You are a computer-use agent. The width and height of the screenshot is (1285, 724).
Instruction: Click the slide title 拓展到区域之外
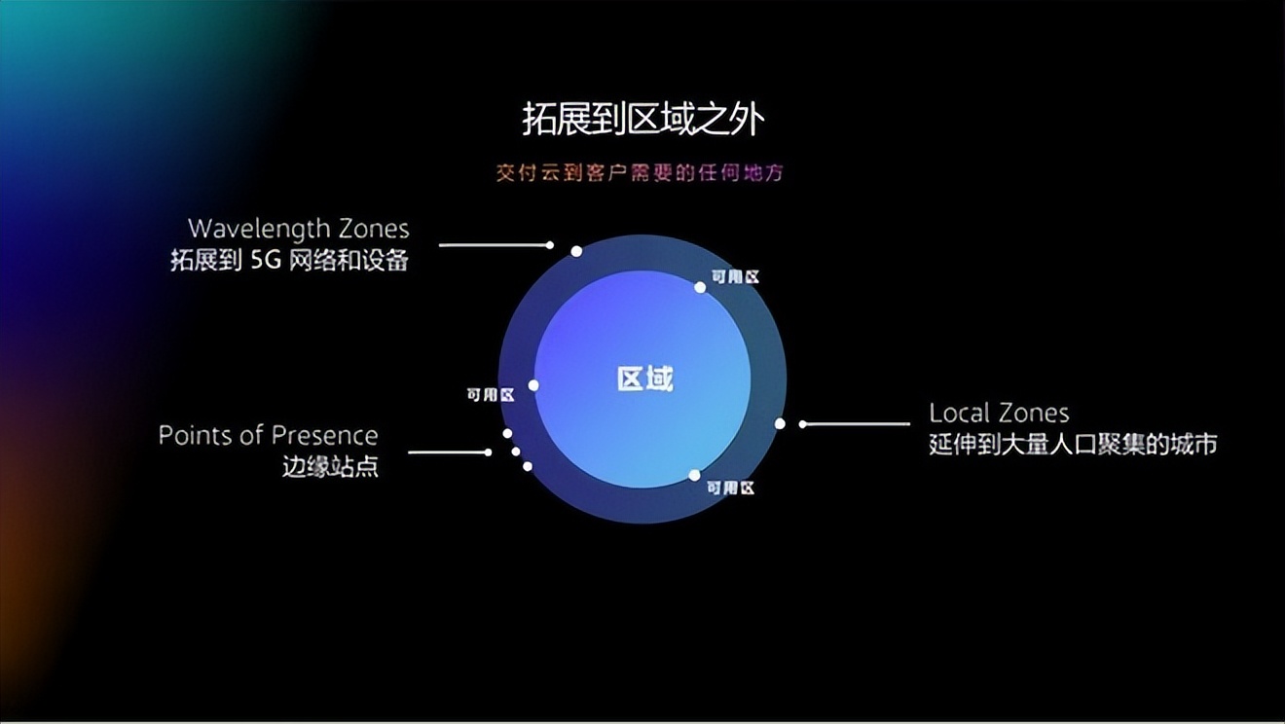click(642, 120)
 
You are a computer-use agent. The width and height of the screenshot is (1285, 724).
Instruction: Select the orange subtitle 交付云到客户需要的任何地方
click(640, 173)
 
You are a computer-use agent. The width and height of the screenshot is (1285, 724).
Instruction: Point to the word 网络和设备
click(349, 261)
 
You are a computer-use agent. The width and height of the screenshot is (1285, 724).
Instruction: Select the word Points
click(198, 435)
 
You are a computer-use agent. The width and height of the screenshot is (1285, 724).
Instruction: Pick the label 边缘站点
click(330, 467)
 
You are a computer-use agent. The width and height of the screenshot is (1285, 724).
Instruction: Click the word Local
click(959, 413)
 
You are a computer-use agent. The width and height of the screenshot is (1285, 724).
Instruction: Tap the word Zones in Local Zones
click(1034, 413)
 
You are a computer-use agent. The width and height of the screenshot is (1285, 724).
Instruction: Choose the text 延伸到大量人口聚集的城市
click(1073, 445)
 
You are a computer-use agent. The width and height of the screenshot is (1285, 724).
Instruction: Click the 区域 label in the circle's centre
click(644, 379)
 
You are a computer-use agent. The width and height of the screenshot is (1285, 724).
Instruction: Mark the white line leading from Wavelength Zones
click(492, 245)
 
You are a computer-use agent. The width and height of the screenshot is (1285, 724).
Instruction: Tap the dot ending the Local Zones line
click(803, 423)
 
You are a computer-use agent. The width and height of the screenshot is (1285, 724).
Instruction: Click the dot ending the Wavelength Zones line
click(550, 245)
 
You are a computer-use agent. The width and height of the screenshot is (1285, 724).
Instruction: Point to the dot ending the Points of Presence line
click(488, 452)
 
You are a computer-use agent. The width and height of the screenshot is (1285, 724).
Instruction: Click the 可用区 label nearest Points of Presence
click(490, 394)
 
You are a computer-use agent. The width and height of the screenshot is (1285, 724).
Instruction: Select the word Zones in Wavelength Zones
click(374, 229)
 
